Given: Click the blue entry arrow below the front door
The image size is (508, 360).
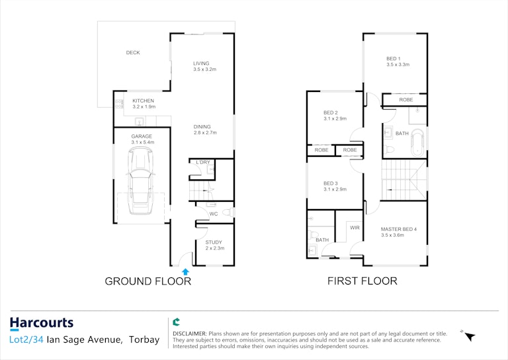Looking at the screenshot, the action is (x=185, y=271).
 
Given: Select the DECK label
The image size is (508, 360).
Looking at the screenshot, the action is (x=133, y=52).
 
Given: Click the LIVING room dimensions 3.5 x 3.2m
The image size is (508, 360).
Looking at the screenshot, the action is (x=205, y=69).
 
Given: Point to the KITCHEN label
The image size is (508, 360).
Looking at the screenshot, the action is (x=143, y=101).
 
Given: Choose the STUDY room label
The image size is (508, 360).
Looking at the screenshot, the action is (x=214, y=242).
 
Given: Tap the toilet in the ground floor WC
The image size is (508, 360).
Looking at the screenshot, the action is (x=230, y=212).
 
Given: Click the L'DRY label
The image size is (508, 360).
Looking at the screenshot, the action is (x=203, y=162).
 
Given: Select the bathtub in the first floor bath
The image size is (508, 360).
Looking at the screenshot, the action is (x=417, y=143).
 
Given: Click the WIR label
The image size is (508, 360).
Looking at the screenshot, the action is (x=355, y=228).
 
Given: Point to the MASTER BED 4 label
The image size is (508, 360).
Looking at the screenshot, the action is (x=399, y=229).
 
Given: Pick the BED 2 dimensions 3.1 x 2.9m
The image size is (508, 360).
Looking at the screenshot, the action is (x=335, y=118).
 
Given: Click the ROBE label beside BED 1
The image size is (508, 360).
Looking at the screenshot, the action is (x=406, y=100).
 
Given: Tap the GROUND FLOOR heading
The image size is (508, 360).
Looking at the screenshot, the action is (x=148, y=281).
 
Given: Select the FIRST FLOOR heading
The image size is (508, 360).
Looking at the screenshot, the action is (x=362, y=281).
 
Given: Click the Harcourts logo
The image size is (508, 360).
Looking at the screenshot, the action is (x=42, y=324).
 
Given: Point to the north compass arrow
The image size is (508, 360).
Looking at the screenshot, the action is (x=470, y=337).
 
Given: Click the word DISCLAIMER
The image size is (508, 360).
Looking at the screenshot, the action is (x=190, y=334).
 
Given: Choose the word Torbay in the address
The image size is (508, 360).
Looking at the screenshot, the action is (x=144, y=339).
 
